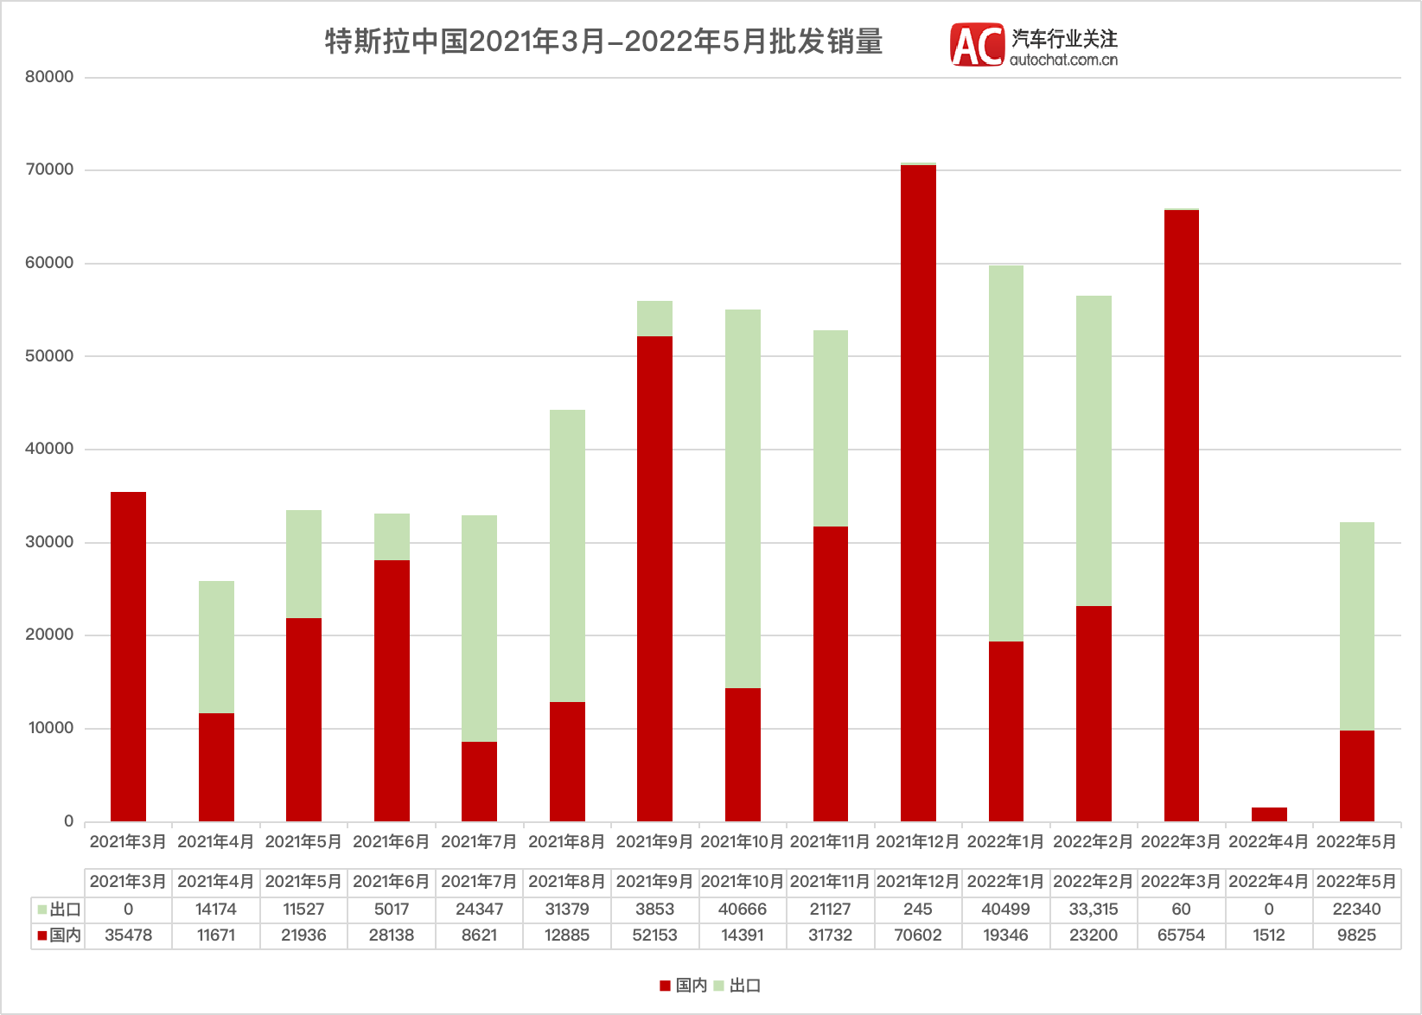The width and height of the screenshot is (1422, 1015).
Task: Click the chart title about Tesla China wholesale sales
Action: pos(603,41)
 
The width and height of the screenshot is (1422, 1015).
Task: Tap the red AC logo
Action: pos(977,45)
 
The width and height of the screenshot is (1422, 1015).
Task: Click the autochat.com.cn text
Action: pos(1063,60)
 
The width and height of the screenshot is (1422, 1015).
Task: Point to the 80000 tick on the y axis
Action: pos(49,77)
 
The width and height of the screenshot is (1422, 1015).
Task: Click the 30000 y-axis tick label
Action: pos(49,542)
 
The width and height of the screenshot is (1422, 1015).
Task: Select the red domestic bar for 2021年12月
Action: pos(918,493)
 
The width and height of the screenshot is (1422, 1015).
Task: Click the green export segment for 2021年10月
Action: pos(743,499)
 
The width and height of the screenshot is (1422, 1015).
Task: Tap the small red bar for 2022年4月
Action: pos(1269,814)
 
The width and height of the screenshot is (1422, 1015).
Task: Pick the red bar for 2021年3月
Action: pos(128,656)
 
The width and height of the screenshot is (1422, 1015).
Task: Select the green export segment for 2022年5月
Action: pos(1356,626)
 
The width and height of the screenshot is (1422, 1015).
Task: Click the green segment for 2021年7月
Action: pos(479,629)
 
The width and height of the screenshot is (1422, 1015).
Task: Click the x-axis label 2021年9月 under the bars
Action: pos(654,841)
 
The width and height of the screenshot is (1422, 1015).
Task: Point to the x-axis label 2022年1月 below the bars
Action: pos(1005,841)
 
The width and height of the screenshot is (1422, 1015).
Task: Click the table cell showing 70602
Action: pos(918,935)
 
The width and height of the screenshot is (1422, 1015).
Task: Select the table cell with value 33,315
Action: pos(1094,910)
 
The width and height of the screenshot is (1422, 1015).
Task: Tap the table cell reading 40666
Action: pos(743,910)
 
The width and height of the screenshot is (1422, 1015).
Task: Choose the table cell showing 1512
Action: pos(1269,935)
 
